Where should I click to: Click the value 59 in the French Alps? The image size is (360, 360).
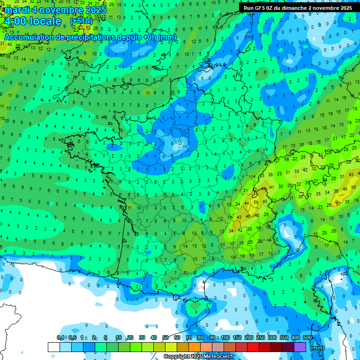click(x=255, y=202)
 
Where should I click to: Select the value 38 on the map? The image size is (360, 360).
click(x=270, y=174)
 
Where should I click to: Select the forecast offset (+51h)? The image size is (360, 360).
click(x=81, y=21)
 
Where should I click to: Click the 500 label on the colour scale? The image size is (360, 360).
click(x=307, y=338)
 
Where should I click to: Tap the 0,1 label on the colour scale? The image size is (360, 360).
click(x=60, y=338)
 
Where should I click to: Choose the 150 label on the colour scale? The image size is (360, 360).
click(x=237, y=338)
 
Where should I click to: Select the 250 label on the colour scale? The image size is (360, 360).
click(x=261, y=338)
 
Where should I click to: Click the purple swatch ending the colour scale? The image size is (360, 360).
click(x=300, y=347)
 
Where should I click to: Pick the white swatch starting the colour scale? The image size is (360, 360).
click(x=53, y=347)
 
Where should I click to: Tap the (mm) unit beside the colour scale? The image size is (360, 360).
click(x=317, y=348)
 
